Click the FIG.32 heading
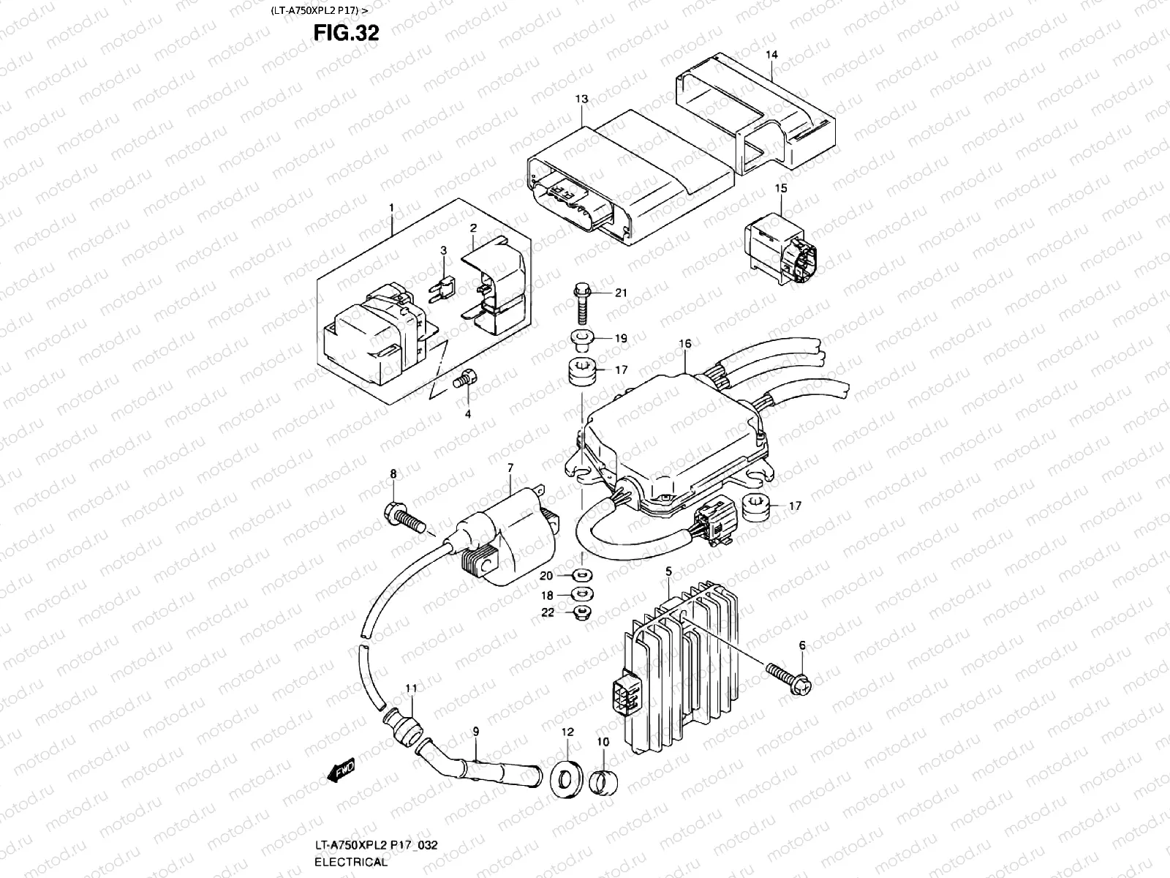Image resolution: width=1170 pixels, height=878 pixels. (x=346, y=33)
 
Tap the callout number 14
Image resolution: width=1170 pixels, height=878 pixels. (x=772, y=55)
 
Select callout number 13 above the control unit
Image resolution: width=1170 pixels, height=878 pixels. (x=581, y=99)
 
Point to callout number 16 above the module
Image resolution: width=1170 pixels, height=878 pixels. (x=684, y=343)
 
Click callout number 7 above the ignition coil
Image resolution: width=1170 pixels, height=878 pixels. (x=510, y=467)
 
